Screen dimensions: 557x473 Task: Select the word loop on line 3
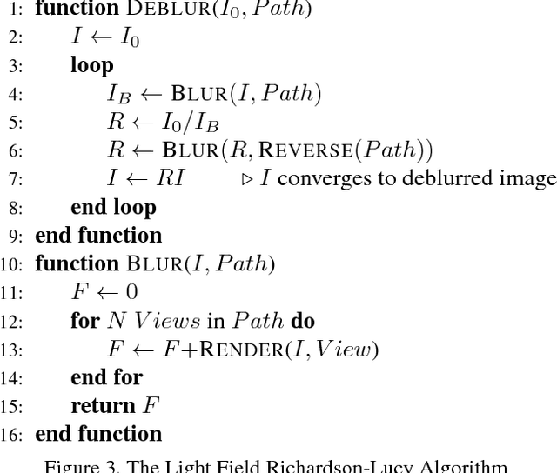pos(92,66)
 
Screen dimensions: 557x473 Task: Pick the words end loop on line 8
pos(113,207)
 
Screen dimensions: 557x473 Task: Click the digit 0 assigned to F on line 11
pos(132,292)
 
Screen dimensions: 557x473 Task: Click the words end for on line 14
pos(106,376)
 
